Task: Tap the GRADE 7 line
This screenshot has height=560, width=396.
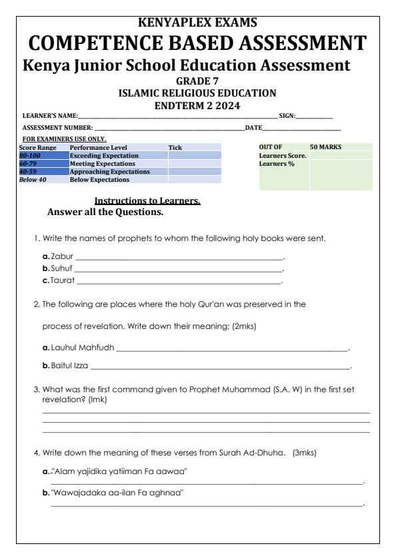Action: pos(197,81)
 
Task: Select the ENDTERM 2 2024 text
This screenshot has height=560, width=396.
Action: pos(197,105)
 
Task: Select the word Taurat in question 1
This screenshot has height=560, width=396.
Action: pos(63,281)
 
